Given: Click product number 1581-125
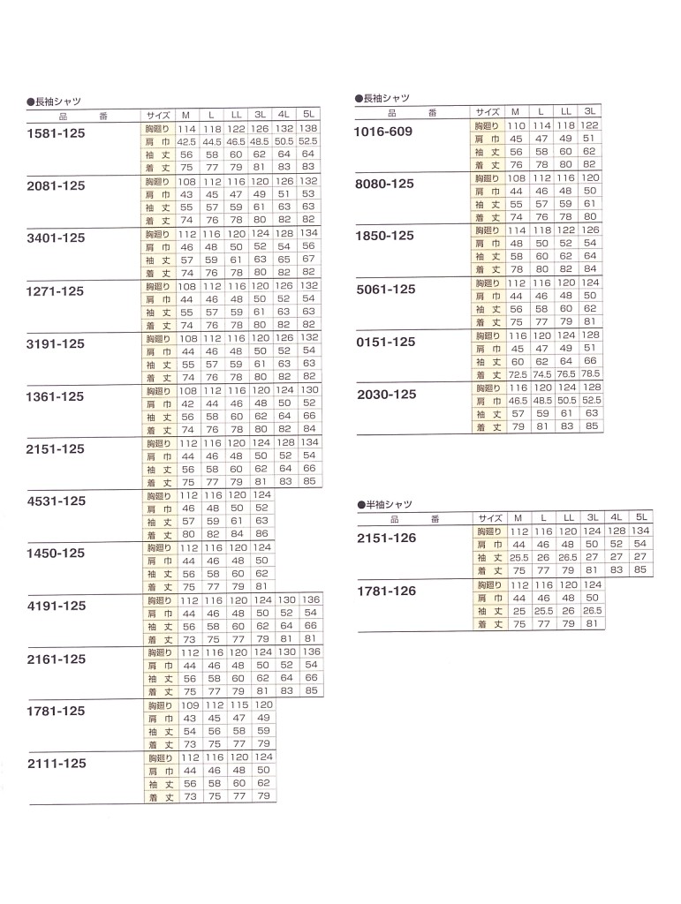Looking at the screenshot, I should pos(57,133).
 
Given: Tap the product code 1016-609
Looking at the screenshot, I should pos(383,132).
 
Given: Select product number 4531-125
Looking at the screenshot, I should pos(57,501).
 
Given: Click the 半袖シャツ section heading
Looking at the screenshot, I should pos(385,503).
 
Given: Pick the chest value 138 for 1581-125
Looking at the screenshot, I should pos(307,129).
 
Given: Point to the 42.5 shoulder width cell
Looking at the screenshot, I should pos(186,141).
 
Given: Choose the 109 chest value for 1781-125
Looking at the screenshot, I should pos(188,706).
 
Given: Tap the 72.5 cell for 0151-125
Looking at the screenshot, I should pos(518,374).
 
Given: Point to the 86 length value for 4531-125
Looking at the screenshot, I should pos(261,534).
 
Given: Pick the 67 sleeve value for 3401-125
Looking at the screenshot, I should pos(307,260).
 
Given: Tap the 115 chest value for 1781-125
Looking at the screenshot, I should pos(237,706).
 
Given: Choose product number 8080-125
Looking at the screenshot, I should pos(384,183).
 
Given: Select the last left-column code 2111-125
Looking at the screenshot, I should pos(57,763).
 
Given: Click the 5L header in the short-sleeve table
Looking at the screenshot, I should pos(641,517).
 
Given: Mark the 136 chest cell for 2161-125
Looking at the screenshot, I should pos(310,652).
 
